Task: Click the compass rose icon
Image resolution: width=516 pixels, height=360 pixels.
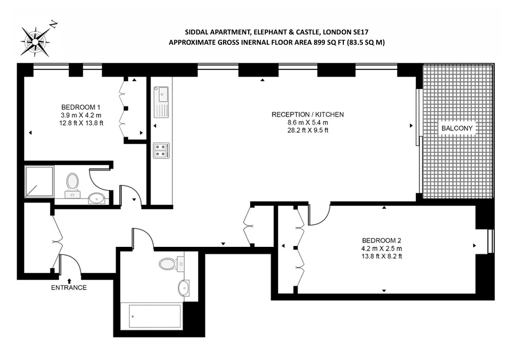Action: pyautogui.click(x=35, y=41)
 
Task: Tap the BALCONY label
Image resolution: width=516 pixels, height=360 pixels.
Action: pyautogui.click(x=457, y=128)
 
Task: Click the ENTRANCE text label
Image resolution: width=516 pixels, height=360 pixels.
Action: pyautogui.click(x=69, y=287)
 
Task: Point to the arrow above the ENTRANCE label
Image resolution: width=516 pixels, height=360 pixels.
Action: pyautogui.click(x=69, y=281)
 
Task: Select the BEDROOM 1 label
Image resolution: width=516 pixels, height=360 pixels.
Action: pyautogui.click(x=81, y=107)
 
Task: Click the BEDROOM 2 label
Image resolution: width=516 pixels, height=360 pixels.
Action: pyautogui.click(x=381, y=241)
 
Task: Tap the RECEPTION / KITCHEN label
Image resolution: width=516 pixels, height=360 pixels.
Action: pyautogui.click(x=308, y=114)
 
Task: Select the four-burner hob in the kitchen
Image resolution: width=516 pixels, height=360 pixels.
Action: pyautogui.click(x=161, y=151)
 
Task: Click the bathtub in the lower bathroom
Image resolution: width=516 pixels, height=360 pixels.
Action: pyautogui.click(x=155, y=316)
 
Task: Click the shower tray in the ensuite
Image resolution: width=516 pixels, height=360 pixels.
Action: pyautogui.click(x=39, y=182)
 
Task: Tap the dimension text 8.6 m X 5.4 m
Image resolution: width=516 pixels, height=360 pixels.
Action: pyautogui.click(x=308, y=122)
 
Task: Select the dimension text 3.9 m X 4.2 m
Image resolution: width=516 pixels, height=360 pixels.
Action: pyautogui.click(x=81, y=115)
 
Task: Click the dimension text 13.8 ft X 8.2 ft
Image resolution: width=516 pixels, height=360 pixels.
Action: pyautogui.click(x=381, y=256)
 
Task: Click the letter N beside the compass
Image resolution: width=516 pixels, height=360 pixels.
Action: pyautogui.click(x=53, y=24)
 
